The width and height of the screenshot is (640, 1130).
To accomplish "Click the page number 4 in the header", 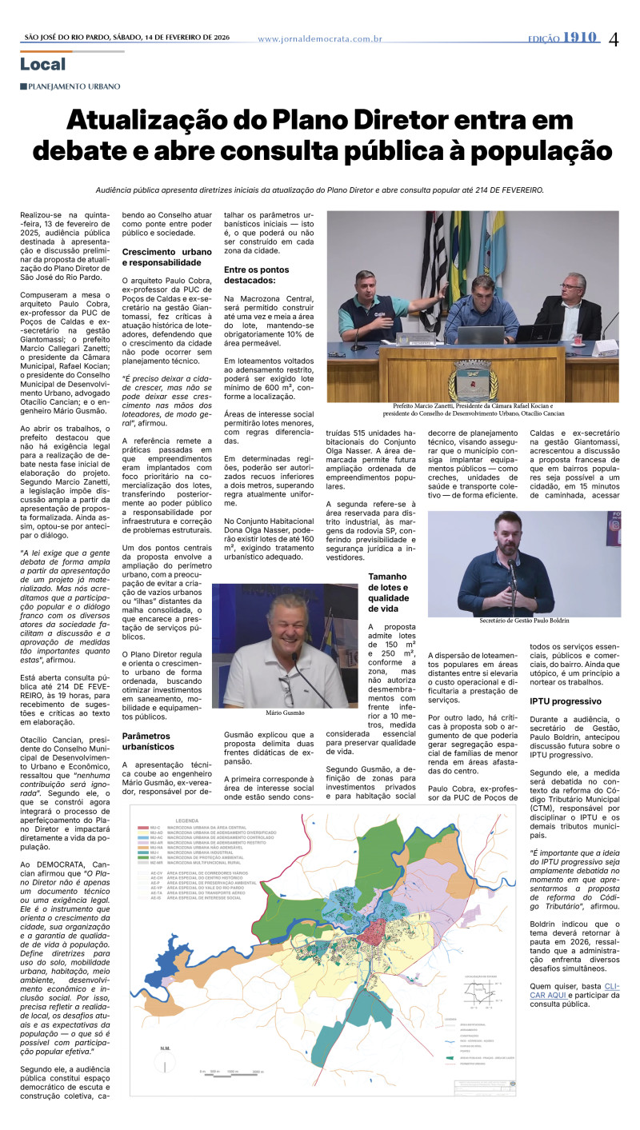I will point(614,38).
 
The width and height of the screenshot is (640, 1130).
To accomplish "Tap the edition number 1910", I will point(580,38).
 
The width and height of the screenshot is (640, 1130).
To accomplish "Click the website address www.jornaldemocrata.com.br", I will point(320,38).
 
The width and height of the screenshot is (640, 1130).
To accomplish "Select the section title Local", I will point(43,64).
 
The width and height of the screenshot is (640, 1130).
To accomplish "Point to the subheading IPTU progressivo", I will point(565,701).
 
